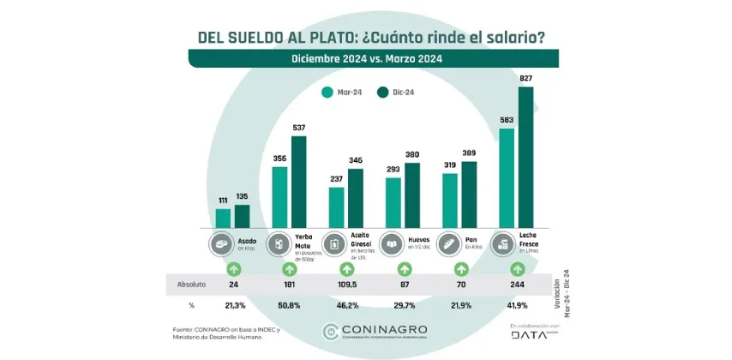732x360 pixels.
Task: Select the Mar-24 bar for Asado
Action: click(x=223, y=219)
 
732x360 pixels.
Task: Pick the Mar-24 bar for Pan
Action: click(x=450, y=201)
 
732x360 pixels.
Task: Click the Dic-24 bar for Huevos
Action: click(x=412, y=195)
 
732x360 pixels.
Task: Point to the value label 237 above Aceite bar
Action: click(x=336, y=180)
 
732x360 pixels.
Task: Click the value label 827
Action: click(x=526, y=79)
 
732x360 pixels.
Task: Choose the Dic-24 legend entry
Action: click(x=397, y=93)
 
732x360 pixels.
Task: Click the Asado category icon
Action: click(x=220, y=243)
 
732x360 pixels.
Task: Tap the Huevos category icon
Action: click(x=393, y=243)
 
